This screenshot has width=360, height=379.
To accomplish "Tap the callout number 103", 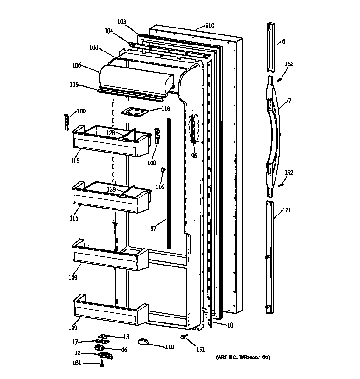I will point(121,22).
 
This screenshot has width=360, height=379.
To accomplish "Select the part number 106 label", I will point(76,65).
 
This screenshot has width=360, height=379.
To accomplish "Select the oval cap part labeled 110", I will point(144,340).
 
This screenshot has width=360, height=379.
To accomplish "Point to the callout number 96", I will point(194,156).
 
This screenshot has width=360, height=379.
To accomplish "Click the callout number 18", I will point(230,325).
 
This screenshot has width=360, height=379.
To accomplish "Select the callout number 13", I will point(125,337).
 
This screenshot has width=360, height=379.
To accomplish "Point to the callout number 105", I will point(73,85).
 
